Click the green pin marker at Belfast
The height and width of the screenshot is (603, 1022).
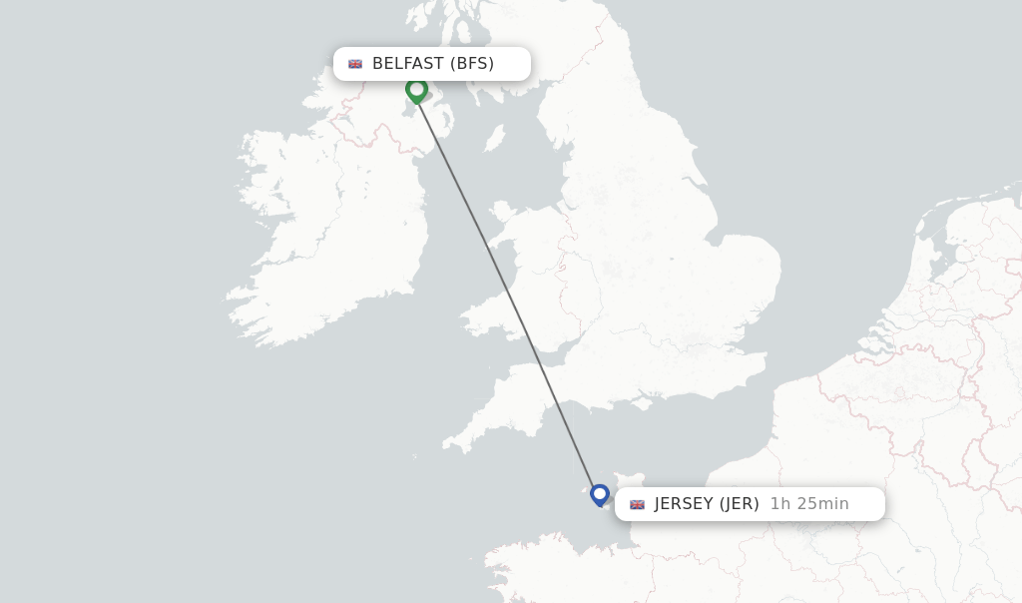416,89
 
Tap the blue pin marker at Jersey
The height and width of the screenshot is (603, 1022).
600,493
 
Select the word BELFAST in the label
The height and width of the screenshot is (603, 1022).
407,64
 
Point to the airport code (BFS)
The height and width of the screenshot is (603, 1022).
471,64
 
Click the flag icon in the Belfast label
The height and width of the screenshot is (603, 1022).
355,64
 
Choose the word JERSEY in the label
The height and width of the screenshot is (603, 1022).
684,504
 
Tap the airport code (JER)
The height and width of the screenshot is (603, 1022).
740,504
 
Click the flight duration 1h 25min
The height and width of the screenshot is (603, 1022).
809,504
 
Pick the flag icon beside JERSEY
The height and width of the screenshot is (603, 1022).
637,504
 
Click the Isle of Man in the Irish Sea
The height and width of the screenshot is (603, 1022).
494,138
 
